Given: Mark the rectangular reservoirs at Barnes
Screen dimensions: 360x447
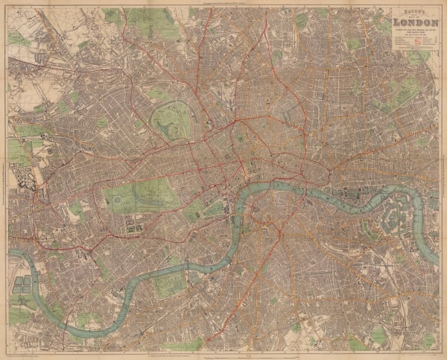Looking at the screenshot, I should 22,284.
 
